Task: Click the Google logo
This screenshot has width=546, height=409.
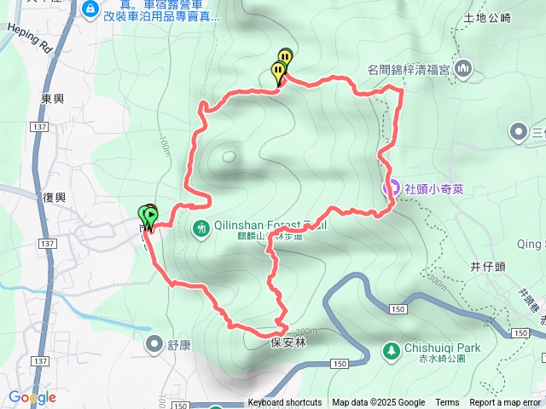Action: (x=32, y=397)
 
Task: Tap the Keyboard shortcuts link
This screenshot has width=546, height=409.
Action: (x=285, y=403)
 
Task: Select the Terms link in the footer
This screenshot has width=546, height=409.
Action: (x=447, y=403)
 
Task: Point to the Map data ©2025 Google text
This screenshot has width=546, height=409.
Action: (x=378, y=403)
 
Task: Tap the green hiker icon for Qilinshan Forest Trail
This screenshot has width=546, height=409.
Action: (x=201, y=228)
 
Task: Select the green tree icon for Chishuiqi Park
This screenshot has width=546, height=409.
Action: (x=391, y=349)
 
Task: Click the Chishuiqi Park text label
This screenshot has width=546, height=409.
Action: (x=443, y=348)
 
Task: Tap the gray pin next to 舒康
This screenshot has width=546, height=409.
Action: (x=154, y=344)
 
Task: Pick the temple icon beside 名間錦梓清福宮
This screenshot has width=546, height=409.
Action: (x=464, y=67)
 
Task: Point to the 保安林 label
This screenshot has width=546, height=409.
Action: (x=288, y=343)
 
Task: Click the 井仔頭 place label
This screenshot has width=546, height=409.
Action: (x=488, y=266)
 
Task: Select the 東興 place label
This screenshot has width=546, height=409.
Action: (x=52, y=99)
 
